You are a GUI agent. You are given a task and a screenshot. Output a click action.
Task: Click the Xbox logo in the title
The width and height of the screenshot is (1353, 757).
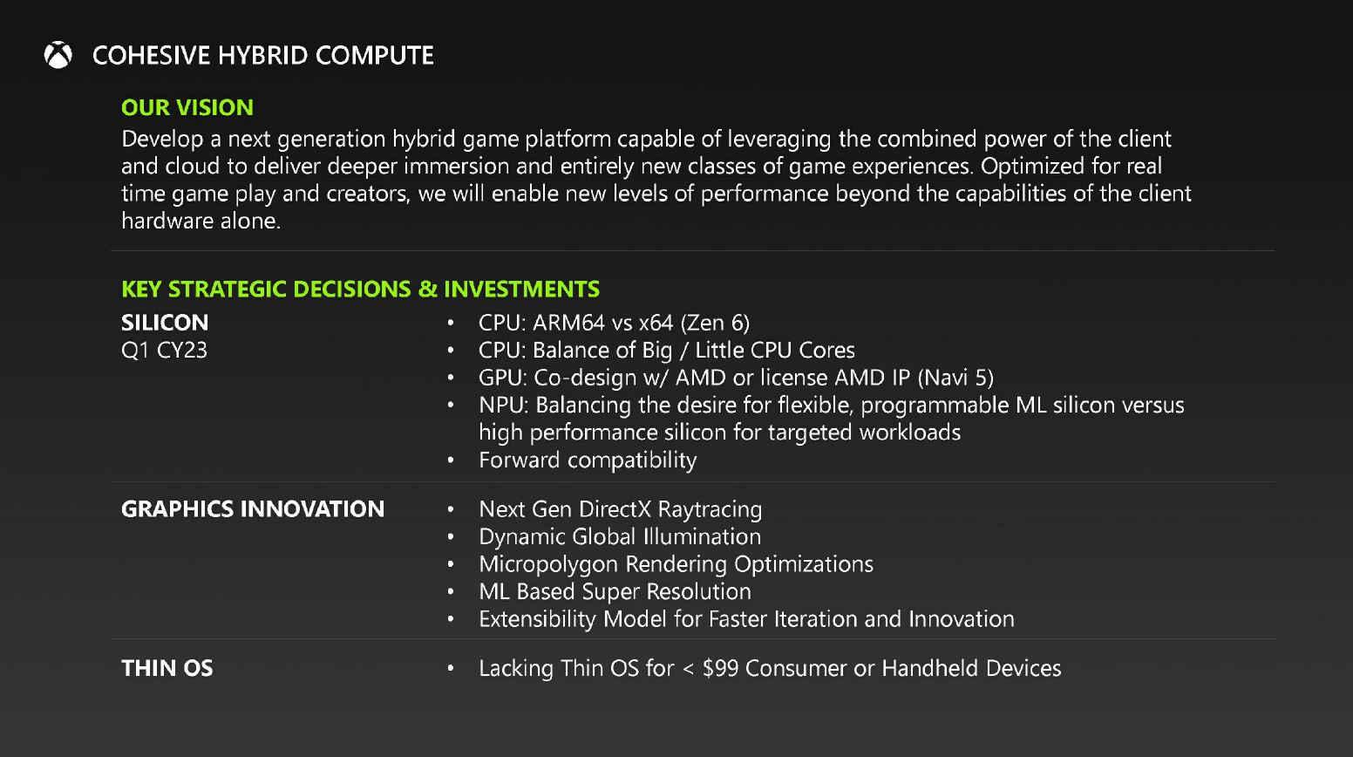click(58, 55)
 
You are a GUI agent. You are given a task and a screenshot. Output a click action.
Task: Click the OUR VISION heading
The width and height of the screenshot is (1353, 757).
click(187, 107)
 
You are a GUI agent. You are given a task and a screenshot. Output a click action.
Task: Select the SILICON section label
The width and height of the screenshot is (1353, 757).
click(165, 323)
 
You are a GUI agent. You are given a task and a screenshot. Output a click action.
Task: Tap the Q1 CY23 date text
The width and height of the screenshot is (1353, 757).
click(164, 351)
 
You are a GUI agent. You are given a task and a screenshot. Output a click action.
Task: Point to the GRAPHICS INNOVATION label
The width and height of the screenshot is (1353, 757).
click(253, 509)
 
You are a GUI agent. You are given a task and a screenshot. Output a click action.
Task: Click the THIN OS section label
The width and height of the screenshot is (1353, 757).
click(167, 668)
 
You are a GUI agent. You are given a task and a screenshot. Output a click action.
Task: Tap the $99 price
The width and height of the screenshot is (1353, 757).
click(720, 669)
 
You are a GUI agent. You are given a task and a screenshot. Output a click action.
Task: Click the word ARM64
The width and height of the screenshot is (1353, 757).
click(568, 324)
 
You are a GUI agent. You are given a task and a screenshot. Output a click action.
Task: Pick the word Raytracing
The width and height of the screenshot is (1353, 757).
click(710, 510)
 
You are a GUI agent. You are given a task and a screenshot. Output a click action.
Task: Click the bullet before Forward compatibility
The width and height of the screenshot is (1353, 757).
click(451, 460)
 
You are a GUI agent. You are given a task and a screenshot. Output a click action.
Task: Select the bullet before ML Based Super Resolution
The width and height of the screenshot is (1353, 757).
click(451, 592)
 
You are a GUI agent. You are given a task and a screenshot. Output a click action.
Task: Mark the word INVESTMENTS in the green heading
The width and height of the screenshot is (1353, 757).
click(521, 290)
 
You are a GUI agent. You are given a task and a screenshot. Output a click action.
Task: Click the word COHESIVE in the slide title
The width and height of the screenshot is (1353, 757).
click(151, 56)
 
